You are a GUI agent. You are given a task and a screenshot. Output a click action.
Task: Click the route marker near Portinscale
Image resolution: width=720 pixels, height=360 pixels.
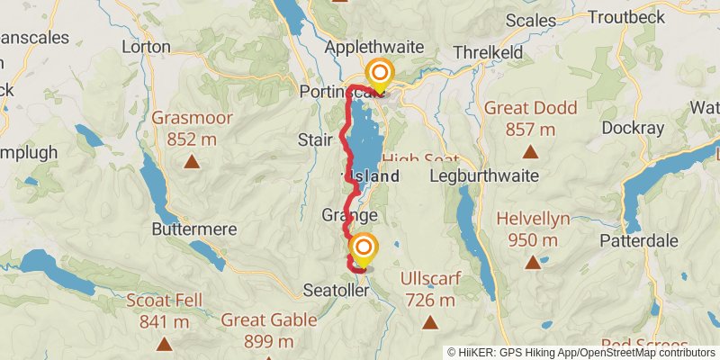[x=380, y=74]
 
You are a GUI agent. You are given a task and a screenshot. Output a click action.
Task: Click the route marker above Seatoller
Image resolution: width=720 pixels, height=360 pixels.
[x=364, y=247]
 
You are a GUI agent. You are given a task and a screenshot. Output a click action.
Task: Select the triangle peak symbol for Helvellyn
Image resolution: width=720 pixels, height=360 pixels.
[x=534, y=263]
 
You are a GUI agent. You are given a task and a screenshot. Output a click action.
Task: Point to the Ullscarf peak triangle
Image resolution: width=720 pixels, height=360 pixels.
[x=430, y=322]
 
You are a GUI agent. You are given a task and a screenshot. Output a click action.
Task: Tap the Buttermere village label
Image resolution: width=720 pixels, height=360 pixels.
[x=193, y=229]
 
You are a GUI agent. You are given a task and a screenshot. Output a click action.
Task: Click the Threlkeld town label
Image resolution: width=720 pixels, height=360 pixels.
[x=488, y=53]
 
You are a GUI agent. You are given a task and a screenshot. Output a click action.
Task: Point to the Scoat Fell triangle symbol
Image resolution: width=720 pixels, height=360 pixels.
[x=164, y=343]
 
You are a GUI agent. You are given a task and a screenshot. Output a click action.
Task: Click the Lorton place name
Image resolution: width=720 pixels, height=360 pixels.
[x=145, y=46]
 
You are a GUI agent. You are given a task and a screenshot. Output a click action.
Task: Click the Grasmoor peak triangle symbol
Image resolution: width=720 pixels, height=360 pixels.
[x=192, y=162]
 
